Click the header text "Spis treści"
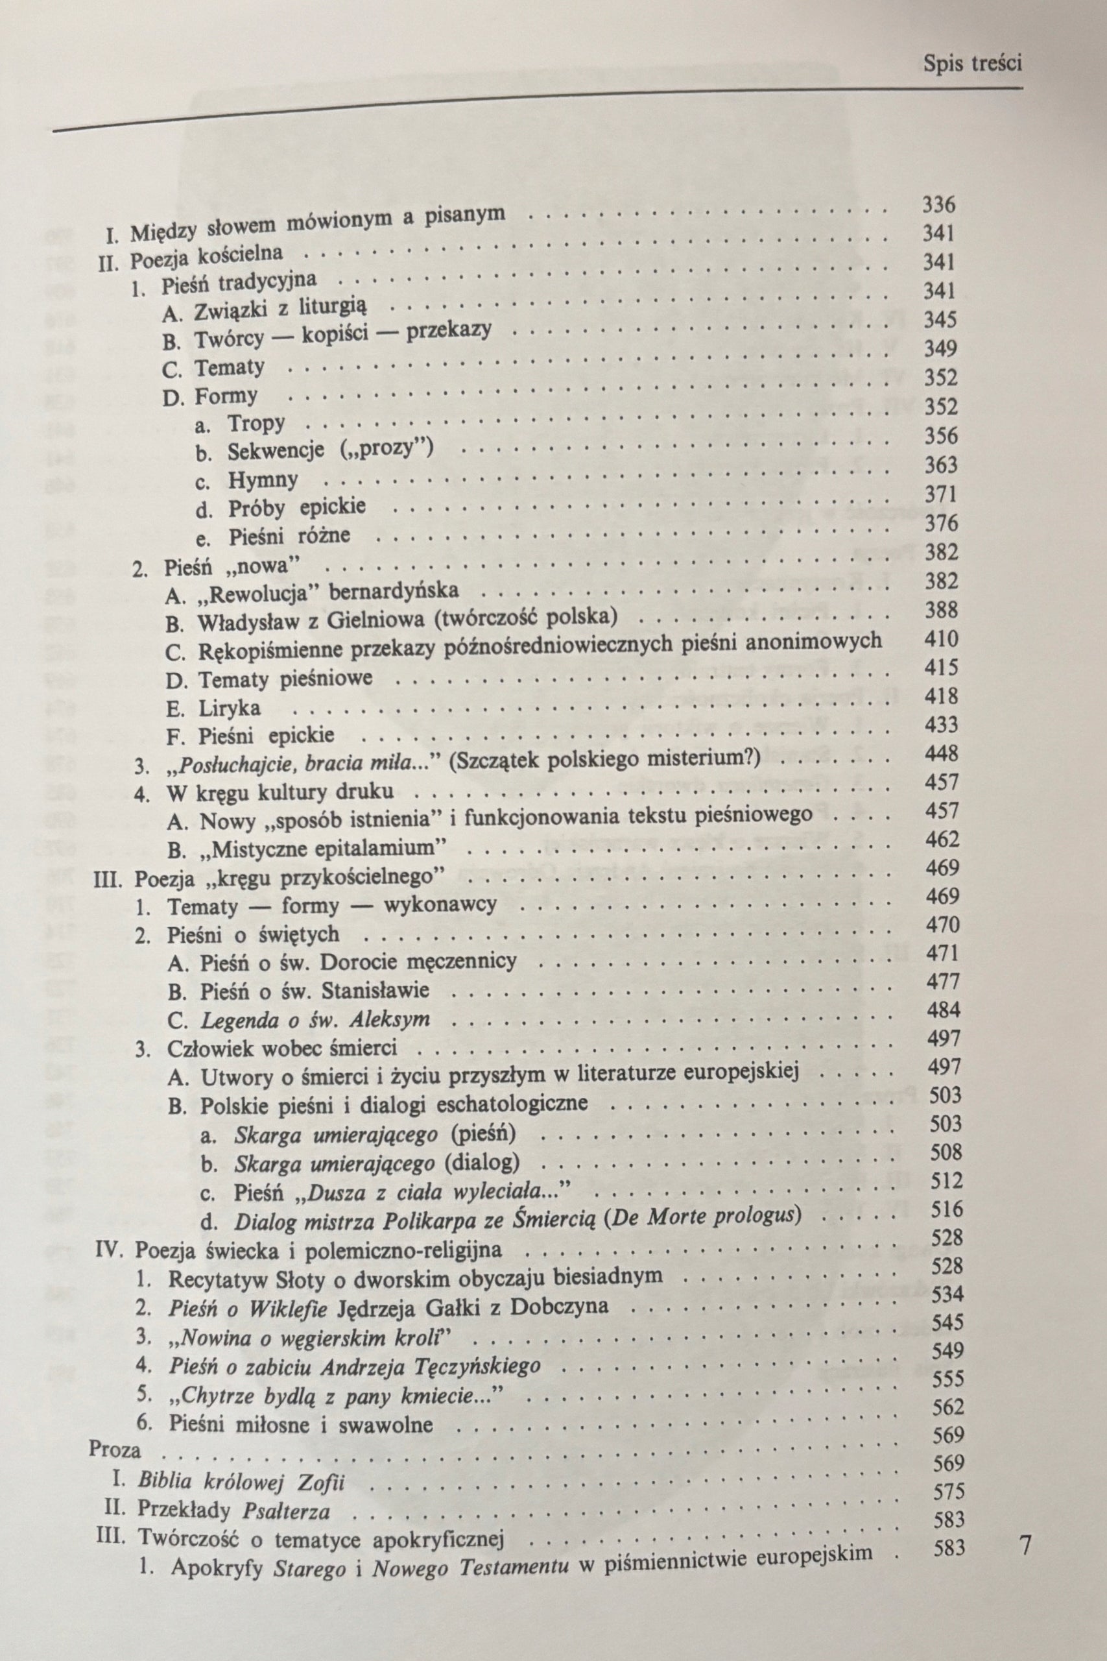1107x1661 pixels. coord(972,64)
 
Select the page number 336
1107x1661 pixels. coord(938,205)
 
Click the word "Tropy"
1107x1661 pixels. coord(256,424)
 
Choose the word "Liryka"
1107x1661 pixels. coord(230,708)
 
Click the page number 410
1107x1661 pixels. coord(941,639)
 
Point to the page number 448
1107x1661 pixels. coord(942,753)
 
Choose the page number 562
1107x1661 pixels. coord(948,1407)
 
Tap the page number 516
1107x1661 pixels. coord(947,1209)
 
